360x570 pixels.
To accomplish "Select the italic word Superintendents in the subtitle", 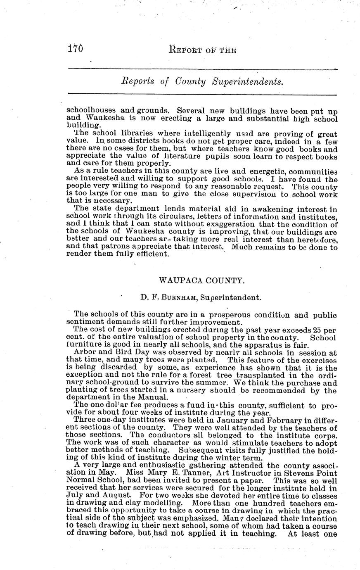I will tap(248, 81).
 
